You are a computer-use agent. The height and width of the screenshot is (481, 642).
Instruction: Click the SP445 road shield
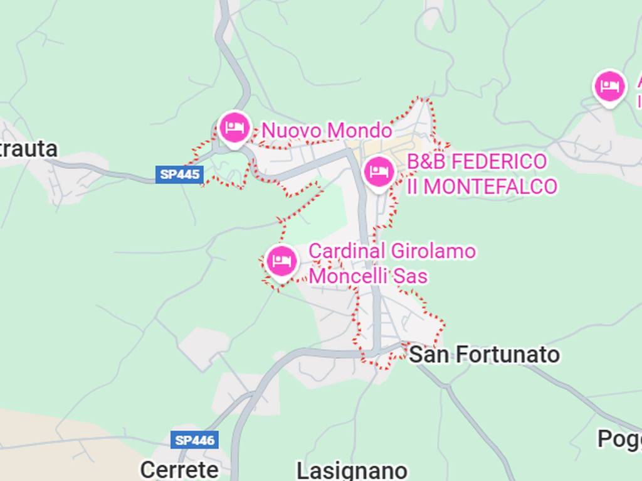[x=179, y=175]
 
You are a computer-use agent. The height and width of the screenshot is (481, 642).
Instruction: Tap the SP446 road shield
[x=195, y=440]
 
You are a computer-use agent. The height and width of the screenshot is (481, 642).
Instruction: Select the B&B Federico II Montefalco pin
[x=379, y=171]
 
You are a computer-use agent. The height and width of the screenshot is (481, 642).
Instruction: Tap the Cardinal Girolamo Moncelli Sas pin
[x=282, y=261]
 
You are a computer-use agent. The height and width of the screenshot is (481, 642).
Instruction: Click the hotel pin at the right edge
[x=609, y=87]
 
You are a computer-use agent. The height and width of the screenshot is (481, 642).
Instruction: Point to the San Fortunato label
[x=483, y=355]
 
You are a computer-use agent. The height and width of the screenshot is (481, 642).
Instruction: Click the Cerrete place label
[x=179, y=470]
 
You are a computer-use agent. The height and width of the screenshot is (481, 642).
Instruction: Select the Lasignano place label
[x=352, y=471]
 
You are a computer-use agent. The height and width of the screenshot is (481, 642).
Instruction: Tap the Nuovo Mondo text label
[x=327, y=131]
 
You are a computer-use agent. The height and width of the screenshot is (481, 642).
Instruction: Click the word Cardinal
[x=347, y=251]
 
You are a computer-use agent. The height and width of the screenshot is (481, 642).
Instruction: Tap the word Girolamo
[x=433, y=251]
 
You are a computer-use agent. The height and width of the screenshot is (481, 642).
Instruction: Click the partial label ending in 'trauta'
[x=29, y=149]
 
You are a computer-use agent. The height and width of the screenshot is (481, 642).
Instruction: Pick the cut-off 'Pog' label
[x=619, y=439]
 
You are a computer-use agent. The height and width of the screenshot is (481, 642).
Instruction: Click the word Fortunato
[x=508, y=355]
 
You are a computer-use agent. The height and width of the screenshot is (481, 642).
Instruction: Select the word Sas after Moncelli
[x=411, y=276]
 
